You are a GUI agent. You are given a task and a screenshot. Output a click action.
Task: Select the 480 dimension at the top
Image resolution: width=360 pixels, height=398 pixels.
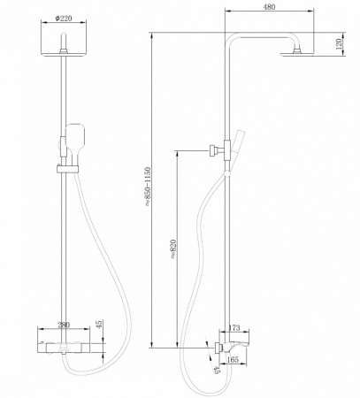point(269,6)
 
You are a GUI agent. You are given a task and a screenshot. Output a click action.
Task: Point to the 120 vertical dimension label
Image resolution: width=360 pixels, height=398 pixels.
point(340,43)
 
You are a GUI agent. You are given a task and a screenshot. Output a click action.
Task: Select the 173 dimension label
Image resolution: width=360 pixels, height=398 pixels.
point(234,328)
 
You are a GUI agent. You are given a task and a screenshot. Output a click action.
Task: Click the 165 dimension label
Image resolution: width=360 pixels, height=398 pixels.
point(235,360)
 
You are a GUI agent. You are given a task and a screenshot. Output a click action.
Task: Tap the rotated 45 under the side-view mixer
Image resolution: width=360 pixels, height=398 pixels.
point(217,370)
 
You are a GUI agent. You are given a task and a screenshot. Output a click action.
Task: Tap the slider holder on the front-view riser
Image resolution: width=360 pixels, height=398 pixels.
point(64,166)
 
